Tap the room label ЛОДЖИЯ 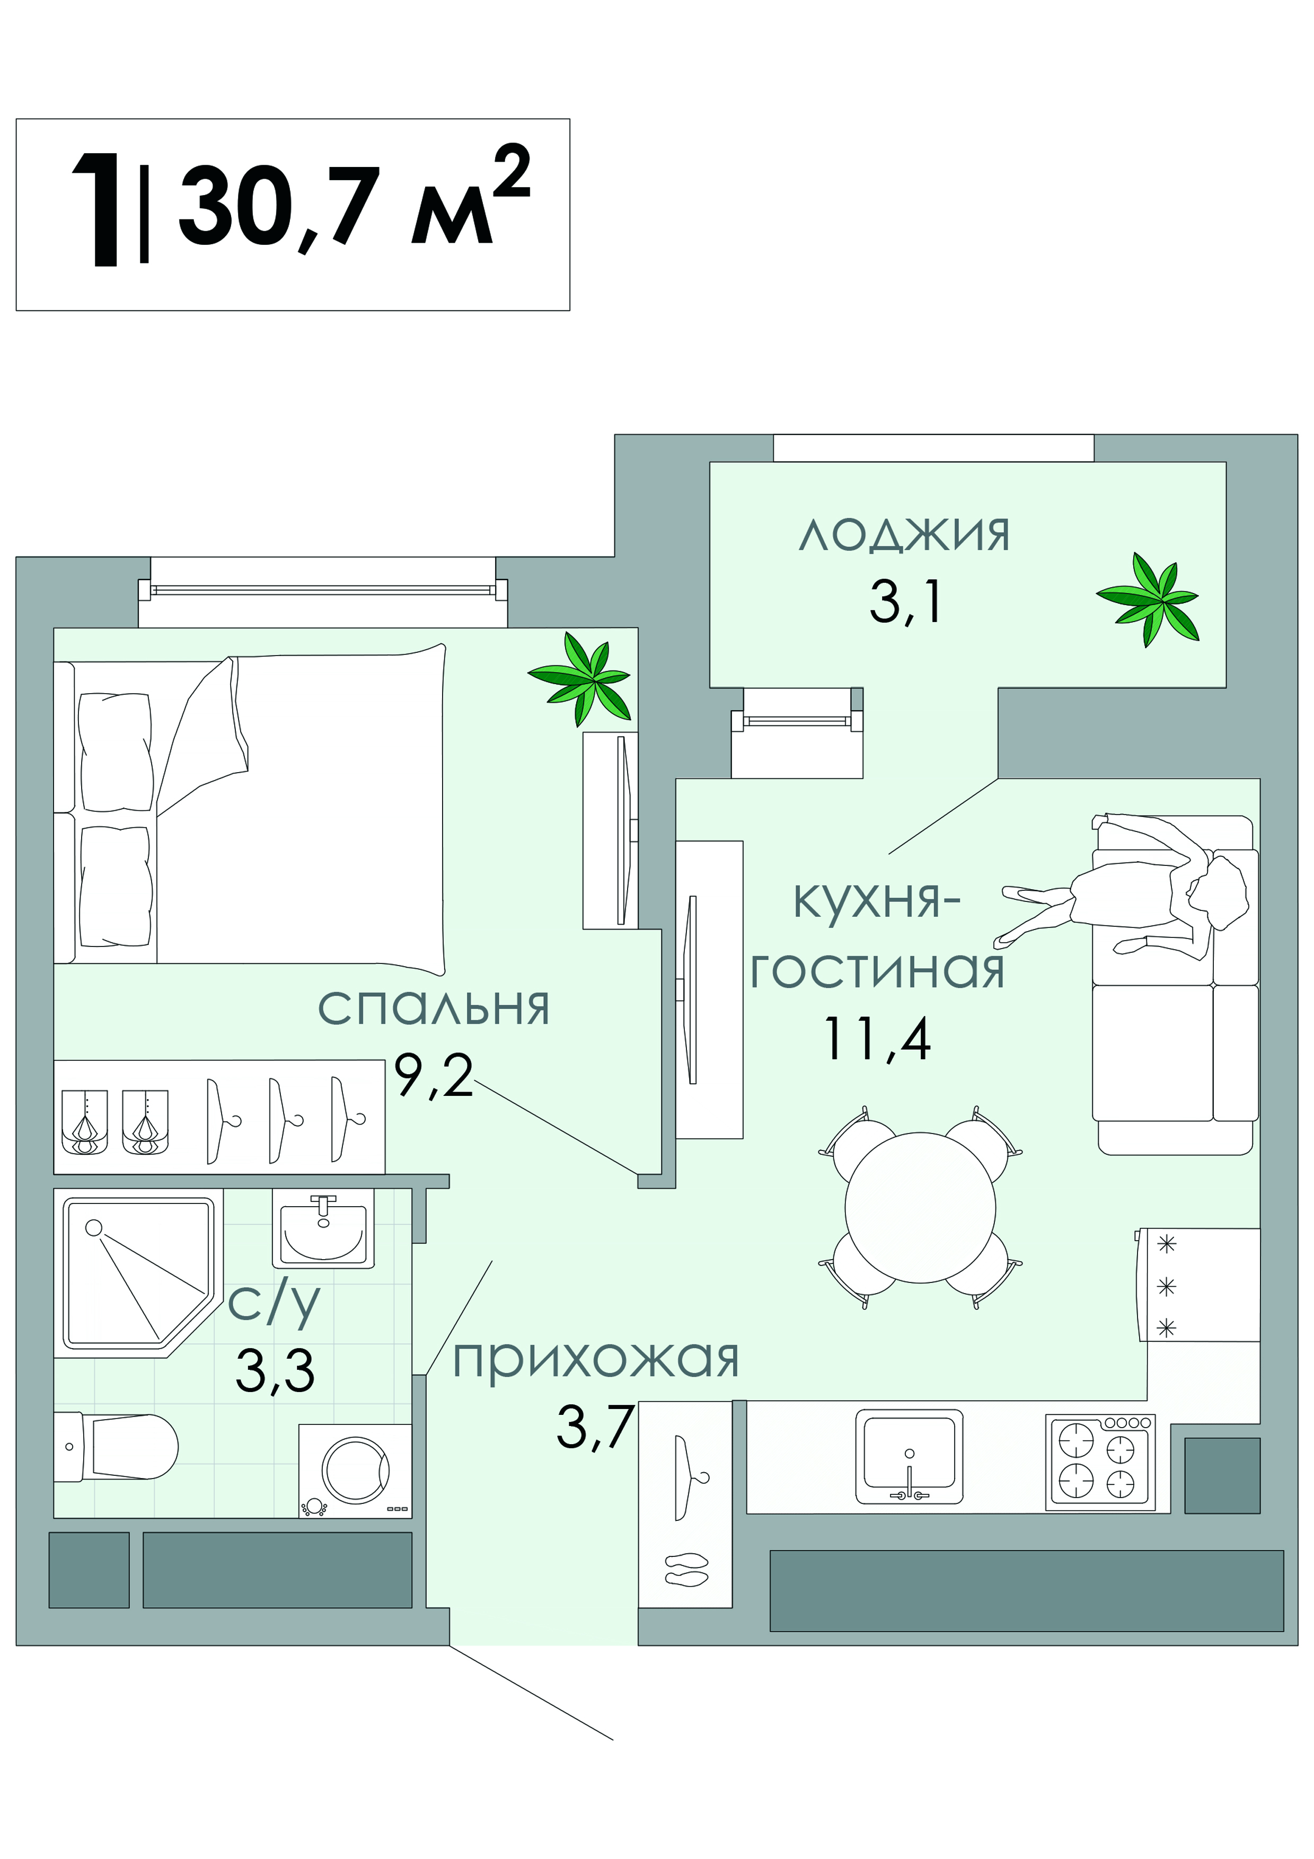[x=904, y=536]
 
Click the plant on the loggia [x=1148, y=599]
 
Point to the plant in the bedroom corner [x=580, y=678]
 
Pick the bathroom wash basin [x=323, y=1228]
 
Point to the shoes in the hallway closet [x=686, y=1569]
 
